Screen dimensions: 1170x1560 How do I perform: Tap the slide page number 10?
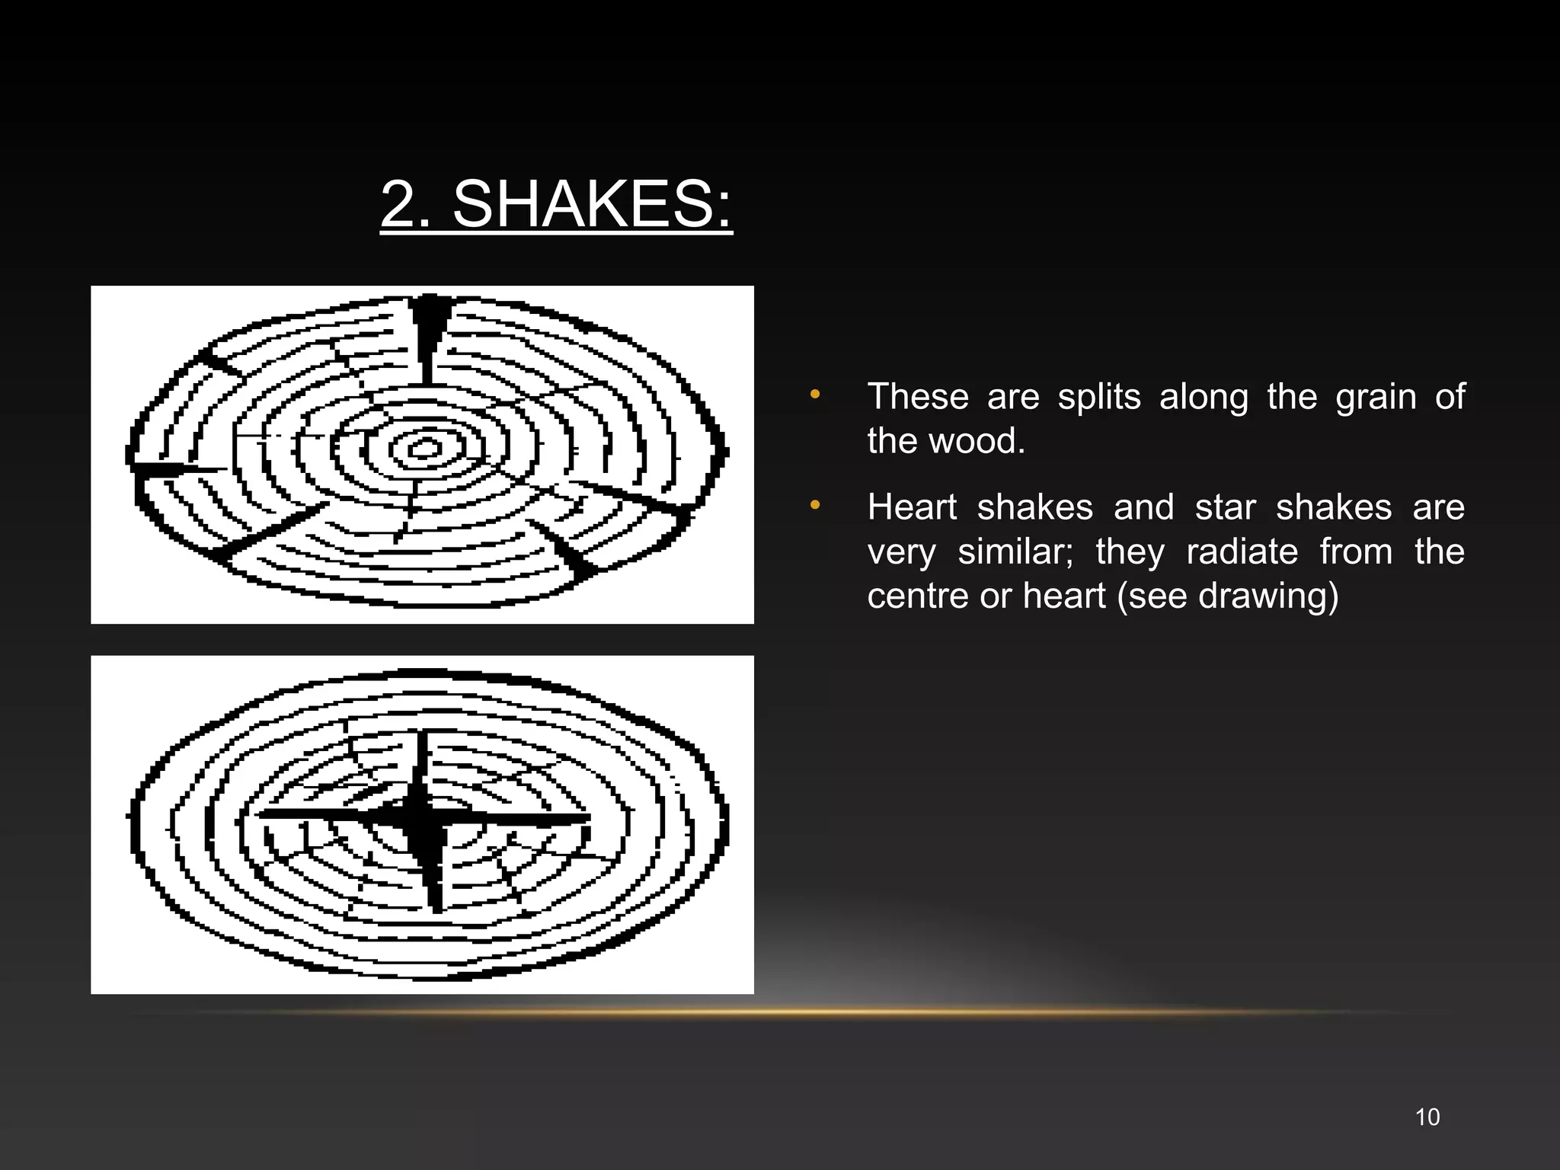click(1427, 1117)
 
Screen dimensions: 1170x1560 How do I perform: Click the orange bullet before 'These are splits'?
click(815, 395)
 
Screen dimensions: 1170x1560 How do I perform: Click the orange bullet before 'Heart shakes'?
click(815, 505)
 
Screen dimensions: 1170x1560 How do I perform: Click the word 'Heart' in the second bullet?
click(912, 507)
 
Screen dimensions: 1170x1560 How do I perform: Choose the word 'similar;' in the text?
click(1015, 551)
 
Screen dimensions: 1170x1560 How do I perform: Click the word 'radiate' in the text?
click(1242, 551)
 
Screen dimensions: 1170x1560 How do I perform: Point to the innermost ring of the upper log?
click(425, 448)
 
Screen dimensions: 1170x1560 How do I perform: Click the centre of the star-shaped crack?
click(421, 818)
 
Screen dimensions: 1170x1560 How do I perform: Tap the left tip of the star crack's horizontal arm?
click(263, 814)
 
